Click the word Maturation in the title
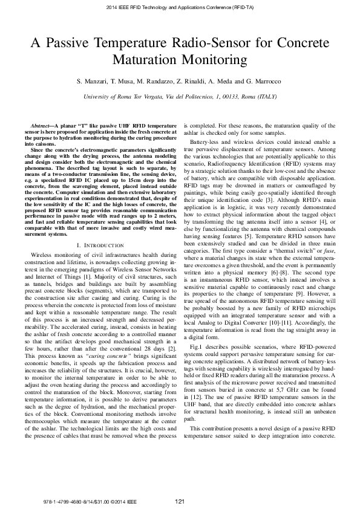click(x=151, y=60)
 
